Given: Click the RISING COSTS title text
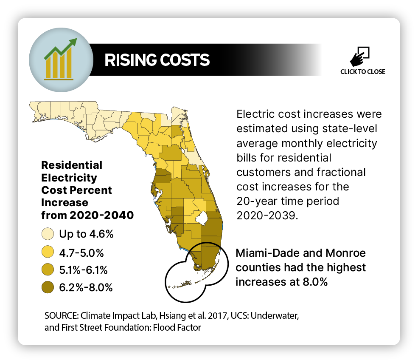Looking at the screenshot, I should pos(157,60).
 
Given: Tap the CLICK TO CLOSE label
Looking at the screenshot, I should pos(363,72).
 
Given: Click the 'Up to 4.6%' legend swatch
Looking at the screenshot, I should pos(48,234).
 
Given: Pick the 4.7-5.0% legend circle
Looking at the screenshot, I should pos(48,252).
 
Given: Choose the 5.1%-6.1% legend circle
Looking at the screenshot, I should pos(48,269).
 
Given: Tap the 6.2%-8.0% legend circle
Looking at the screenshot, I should pos(48,287).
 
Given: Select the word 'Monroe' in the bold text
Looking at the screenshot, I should pos(346,253).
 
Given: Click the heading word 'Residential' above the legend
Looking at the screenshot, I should pos(71,165).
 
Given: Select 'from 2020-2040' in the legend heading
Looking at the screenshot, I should pos(87,216).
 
